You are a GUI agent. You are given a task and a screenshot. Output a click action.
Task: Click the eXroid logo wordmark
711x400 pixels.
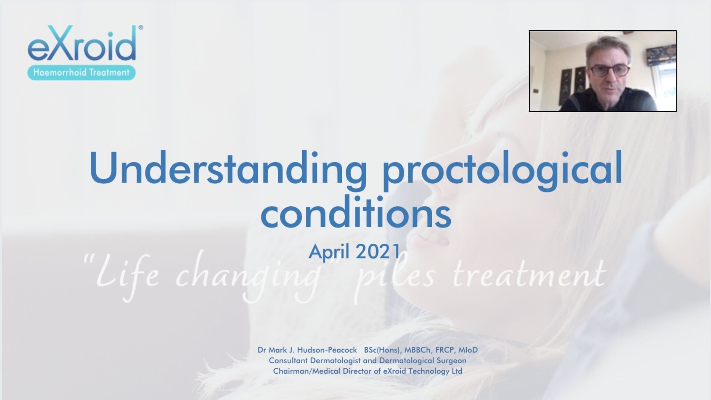(x=82, y=44)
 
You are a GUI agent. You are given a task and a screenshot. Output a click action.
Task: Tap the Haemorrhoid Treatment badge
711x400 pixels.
(x=81, y=72)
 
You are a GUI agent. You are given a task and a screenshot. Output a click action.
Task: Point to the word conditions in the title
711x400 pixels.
(x=356, y=211)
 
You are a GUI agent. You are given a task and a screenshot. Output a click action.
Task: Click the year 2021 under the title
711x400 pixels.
(x=378, y=251)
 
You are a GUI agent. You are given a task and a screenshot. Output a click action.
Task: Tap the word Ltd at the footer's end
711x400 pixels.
(x=457, y=371)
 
